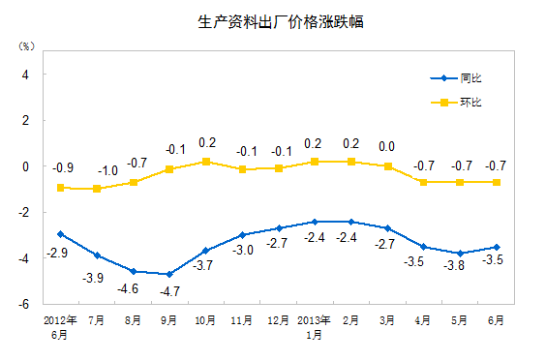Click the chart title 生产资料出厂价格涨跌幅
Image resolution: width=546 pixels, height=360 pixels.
pos(274,21)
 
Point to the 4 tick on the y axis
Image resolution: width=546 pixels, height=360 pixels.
pos(27,75)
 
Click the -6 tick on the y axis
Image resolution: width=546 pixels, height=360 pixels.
pos(25,303)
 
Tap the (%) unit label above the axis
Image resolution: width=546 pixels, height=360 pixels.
pos(25,45)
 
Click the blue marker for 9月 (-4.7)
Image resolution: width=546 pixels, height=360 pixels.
pos(169,274)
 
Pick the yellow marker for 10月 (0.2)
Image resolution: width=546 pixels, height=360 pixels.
pos(205,162)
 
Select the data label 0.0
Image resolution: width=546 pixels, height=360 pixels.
pos(386,147)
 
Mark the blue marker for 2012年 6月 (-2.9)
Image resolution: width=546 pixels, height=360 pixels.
pos(61,233)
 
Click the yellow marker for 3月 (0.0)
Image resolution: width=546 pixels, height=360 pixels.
pos(387,166)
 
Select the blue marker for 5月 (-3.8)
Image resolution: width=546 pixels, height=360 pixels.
pos(460,254)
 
